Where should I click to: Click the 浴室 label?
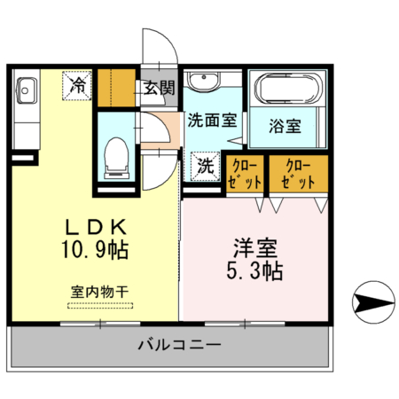[x=286, y=126]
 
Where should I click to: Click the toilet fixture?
[x=115, y=158]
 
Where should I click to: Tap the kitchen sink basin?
[x=24, y=90]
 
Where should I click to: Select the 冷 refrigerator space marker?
[x=78, y=86]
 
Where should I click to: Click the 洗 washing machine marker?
[x=205, y=164]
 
